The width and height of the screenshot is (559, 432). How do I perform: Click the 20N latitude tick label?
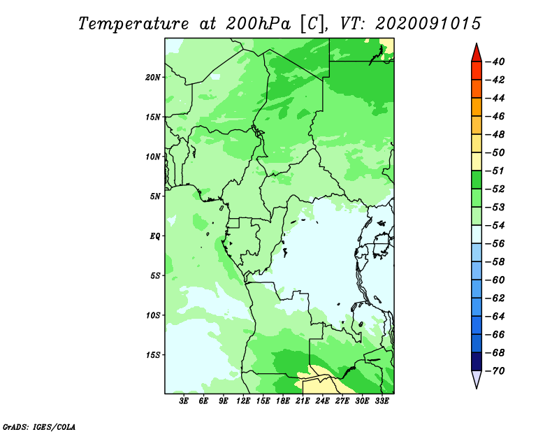[x=153, y=78]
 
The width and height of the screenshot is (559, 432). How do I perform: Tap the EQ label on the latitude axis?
[x=154, y=236]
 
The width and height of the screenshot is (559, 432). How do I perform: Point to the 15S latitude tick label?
[x=153, y=355]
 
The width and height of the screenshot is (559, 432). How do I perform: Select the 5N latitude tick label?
[x=155, y=196]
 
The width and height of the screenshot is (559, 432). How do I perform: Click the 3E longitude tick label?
[x=184, y=401]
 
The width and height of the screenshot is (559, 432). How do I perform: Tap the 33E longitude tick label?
[x=382, y=401]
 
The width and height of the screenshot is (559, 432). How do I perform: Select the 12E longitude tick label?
[x=243, y=401]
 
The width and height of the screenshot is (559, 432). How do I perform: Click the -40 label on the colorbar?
[x=495, y=62]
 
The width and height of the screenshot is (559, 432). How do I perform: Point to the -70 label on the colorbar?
[x=495, y=371]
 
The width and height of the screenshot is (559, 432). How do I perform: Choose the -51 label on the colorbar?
[x=495, y=171]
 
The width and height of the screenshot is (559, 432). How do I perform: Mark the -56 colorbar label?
[x=495, y=244]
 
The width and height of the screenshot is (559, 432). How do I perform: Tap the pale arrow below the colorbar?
[x=477, y=378]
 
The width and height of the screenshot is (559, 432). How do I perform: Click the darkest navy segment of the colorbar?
[x=477, y=361]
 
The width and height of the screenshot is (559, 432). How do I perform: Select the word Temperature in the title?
[x=133, y=24]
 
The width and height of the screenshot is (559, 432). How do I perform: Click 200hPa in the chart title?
[x=258, y=24]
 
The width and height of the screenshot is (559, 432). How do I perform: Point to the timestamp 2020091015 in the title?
[x=428, y=24]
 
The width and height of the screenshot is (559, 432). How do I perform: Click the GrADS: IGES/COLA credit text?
[x=39, y=426]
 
